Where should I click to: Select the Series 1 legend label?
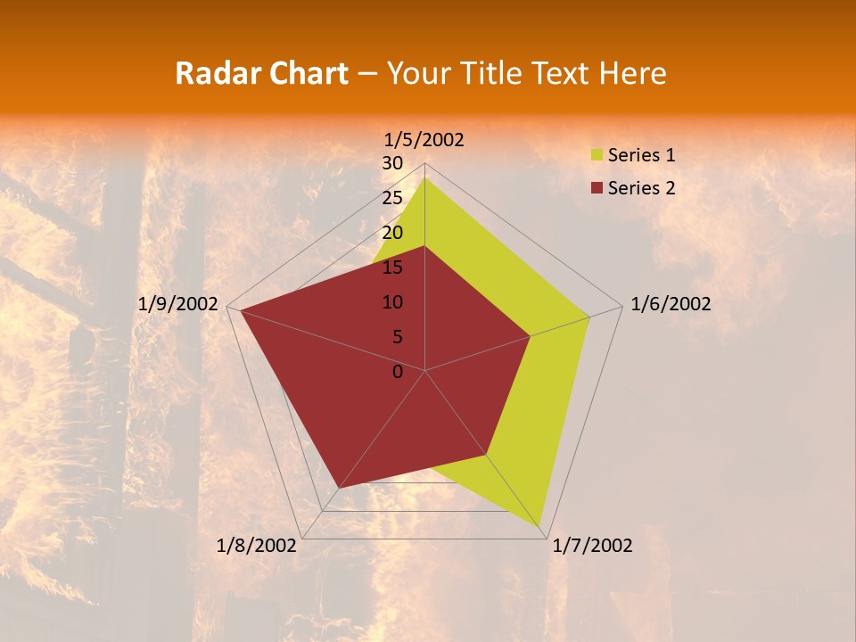tap(641, 155)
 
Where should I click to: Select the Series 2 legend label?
tap(641, 188)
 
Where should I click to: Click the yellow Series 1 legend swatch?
tap(597, 156)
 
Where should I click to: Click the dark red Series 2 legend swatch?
tap(597, 188)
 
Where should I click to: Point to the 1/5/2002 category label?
tap(424, 140)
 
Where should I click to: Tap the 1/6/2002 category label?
tap(671, 304)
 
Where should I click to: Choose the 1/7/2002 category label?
tap(592, 546)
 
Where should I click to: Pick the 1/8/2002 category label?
tap(257, 546)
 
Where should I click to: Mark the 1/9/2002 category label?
tap(178, 304)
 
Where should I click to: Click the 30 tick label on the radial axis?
tap(392, 163)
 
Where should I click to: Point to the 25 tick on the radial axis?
tap(392, 198)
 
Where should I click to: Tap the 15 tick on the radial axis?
tap(392, 267)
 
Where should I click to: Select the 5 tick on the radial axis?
tap(397, 337)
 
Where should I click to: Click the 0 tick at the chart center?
tap(398, 372)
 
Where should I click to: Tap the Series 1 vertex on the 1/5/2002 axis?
tap(425, 178)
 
